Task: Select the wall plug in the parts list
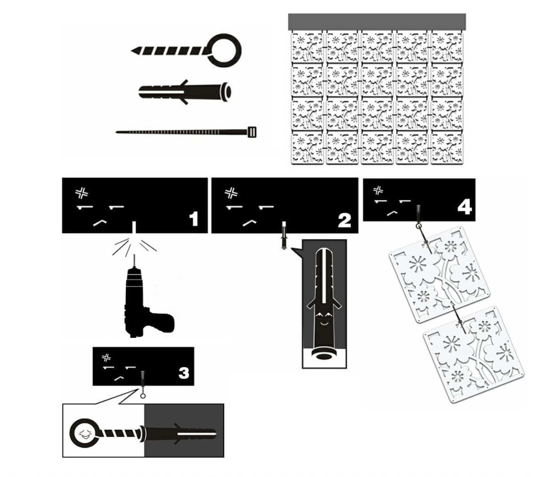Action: pyautogui.click(x=185, y=92)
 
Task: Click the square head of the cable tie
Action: pyautogui.click(x=252, y=132)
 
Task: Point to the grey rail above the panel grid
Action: pyautogui.click(x=377, y=22)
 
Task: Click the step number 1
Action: pyautogui.click(x=194, y=219)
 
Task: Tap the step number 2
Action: pyautogui.click(x=345, y=221)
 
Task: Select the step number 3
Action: pyautogui.click(x=184, y=373)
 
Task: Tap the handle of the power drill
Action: pyautogui.click(x=159, y=322)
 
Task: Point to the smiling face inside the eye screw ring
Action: pyautogui.click(x=84, y=434)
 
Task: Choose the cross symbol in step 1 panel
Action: pyautogui.click(x=82, y=193)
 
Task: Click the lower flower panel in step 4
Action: pyautogui.click(x=473, y=354)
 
